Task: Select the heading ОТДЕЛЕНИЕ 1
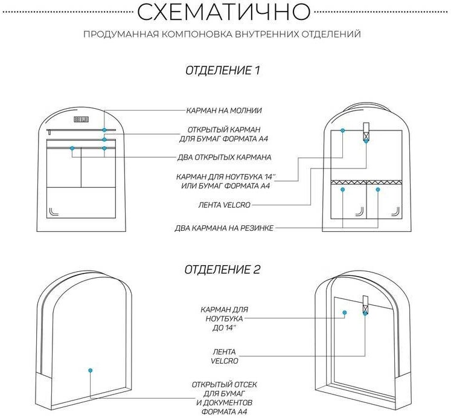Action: (x=222, y=71)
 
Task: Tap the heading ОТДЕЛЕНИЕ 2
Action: (x=222, y=270)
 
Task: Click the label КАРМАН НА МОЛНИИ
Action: (x=223, y=111)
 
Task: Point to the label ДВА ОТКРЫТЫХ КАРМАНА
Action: (x=223, y=157)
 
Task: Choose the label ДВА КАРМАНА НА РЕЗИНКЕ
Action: (x=224, y=228)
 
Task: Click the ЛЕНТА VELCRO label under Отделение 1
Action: (x=223, y=205)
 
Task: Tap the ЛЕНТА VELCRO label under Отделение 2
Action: (x=225, y=356)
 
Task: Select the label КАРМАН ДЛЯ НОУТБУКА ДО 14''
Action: (x=225, y=318)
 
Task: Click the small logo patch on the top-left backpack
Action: (x=81, y=119)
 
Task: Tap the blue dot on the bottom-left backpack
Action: (x=90, y=370)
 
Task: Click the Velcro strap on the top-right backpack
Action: (x=366, y=132)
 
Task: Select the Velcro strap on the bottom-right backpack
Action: (x=365, y=305)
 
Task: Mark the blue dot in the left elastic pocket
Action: (x=342, y=190)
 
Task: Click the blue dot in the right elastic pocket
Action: (x=378, y=190)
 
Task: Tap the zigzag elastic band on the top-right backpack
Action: (x=366, y=181)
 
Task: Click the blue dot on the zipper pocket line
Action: (x=104, y=130)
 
